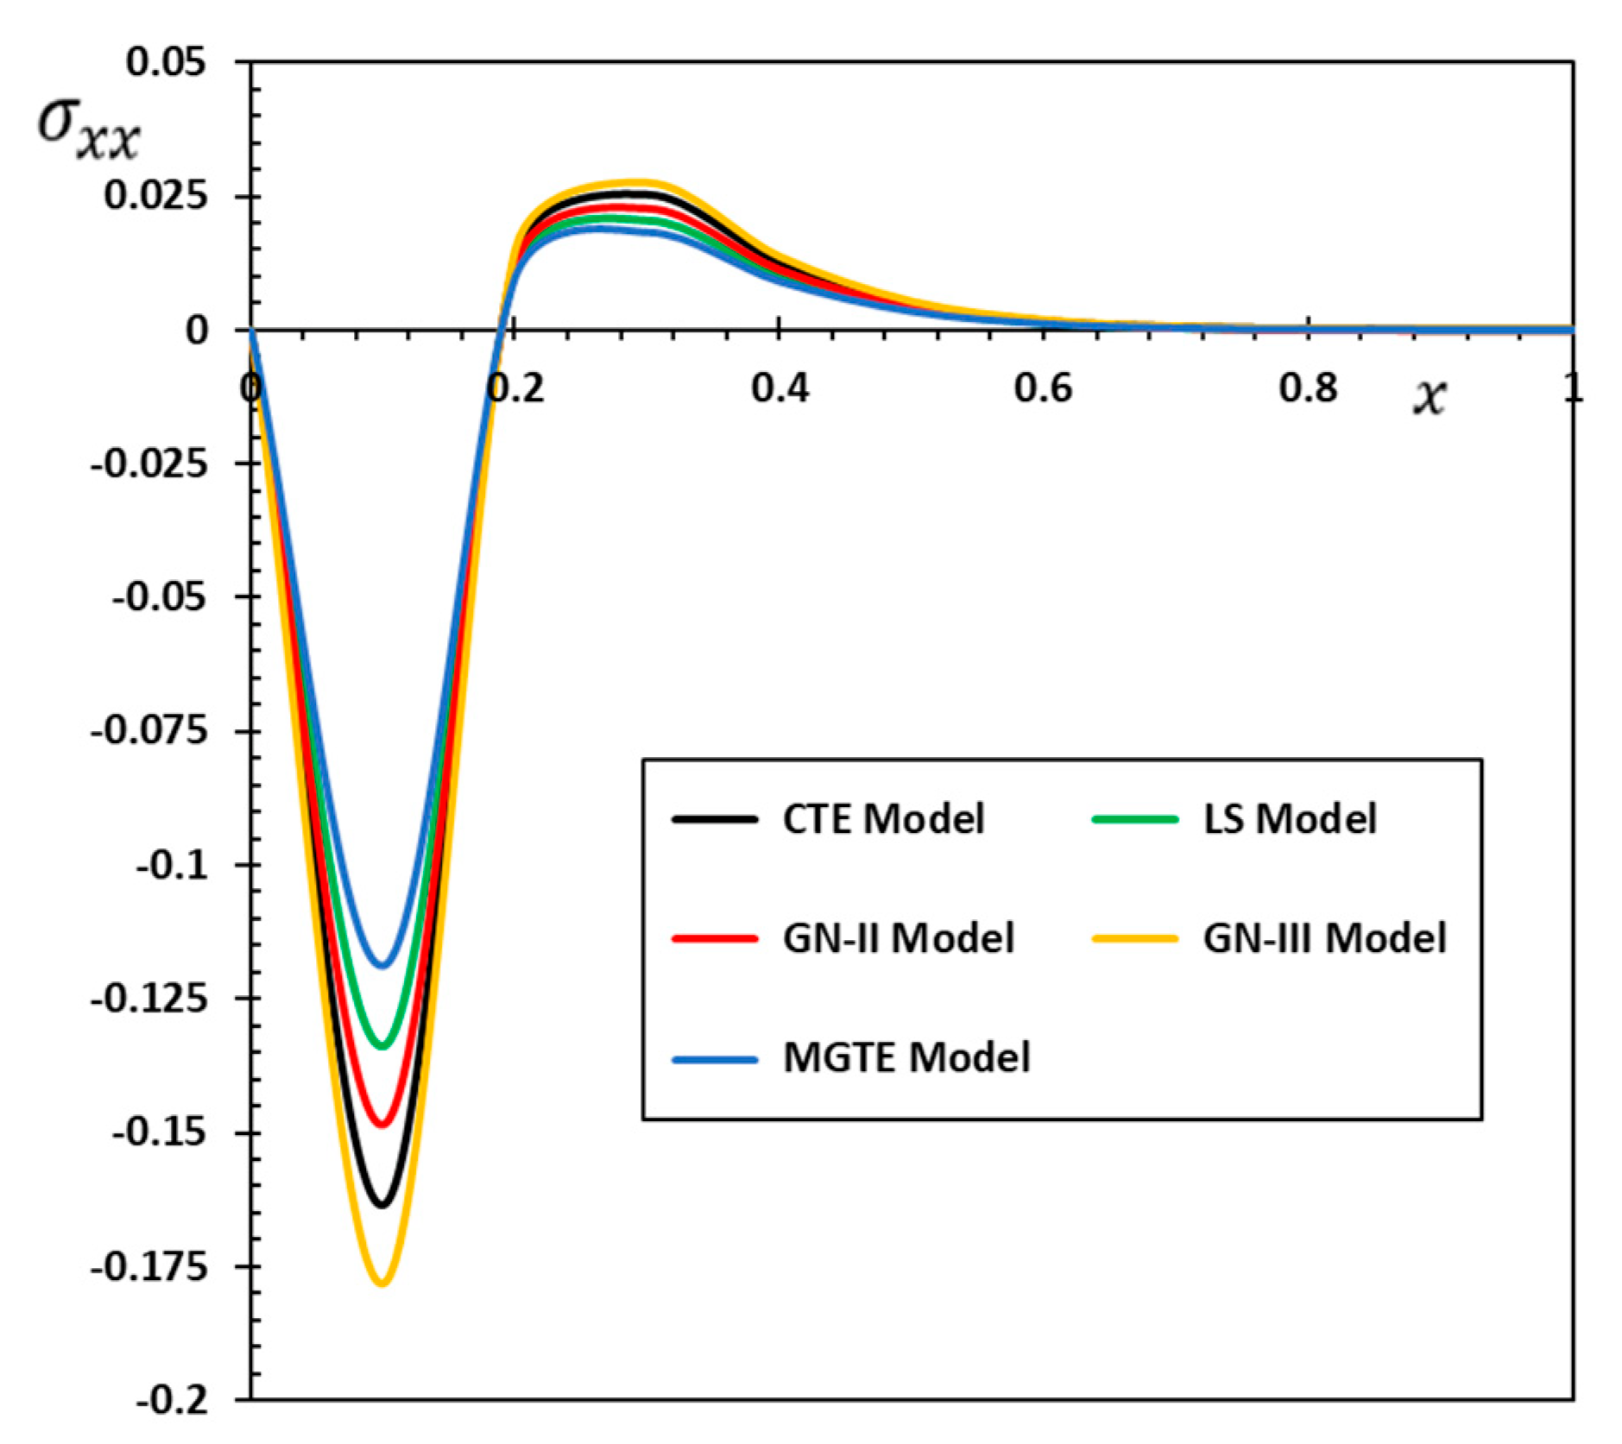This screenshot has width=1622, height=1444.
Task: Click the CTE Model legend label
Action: coord(882,818)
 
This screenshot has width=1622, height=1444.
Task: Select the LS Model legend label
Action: coord(1290,818)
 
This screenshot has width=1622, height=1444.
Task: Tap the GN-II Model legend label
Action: coord(898,937)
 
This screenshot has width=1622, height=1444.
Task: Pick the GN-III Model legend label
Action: coord(1324,937)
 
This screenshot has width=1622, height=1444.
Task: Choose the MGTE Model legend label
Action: coord(906,1056)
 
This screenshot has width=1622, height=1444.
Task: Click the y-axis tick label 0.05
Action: coord(167,62)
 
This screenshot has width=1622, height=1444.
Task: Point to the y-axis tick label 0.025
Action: coord(156,196)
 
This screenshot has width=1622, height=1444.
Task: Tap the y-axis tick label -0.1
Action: coord(173,864)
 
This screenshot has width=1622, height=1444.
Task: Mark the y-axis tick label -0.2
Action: coord(173,1400)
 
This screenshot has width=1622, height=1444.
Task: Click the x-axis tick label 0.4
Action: coord(779,388)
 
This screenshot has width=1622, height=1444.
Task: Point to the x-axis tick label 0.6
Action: coord(1043,388)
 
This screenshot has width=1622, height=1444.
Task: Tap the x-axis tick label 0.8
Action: coord(1308,388)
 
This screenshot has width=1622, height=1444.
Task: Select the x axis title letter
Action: coord(1429,397)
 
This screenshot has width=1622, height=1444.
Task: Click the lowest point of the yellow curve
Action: coord(382,1283)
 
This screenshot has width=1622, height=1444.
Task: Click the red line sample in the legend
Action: coord(715,938)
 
